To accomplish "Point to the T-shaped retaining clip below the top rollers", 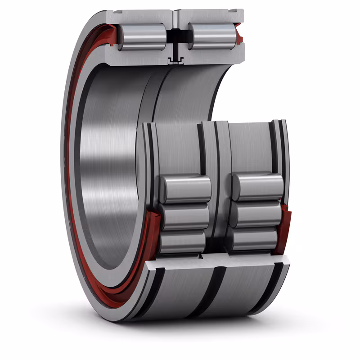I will pyautogui.click(x=173, y=60).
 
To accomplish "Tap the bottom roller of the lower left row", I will pyautogui.click(x=182, y=241).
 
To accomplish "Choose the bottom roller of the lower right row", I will pyautogui.click(x=255, y=239).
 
